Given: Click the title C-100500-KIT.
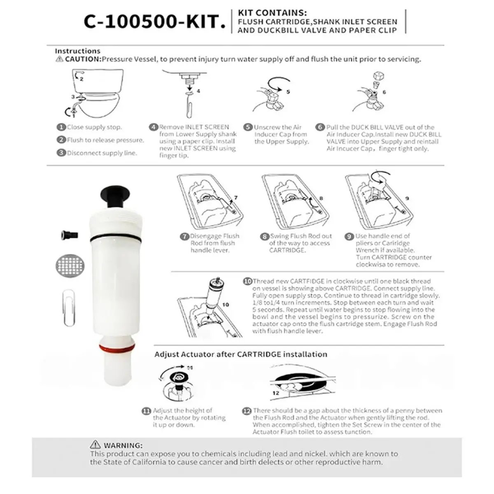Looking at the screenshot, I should click(x=154, y=22).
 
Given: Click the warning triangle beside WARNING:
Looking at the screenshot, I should click(x=95, y=444).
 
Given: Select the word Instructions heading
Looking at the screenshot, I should click(x=78, y=51).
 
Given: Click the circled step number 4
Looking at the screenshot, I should click(x=154, y=127).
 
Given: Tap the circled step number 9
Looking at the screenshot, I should click(x=350, y=236).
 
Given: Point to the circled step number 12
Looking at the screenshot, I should click(x=247, y=411).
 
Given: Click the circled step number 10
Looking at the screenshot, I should click(x=247, y=282).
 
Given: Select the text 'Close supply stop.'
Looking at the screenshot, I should click(x=94, y=127).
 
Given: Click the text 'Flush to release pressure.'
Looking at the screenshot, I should click(x=105, y=140).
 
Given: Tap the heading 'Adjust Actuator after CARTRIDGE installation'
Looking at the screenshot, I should click(x=241, y=354).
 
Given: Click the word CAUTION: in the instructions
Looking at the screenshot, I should click(x=83, y=59).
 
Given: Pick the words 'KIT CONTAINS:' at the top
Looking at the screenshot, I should click(x=272, y=13).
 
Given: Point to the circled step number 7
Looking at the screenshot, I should click(x=184, y=237).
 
